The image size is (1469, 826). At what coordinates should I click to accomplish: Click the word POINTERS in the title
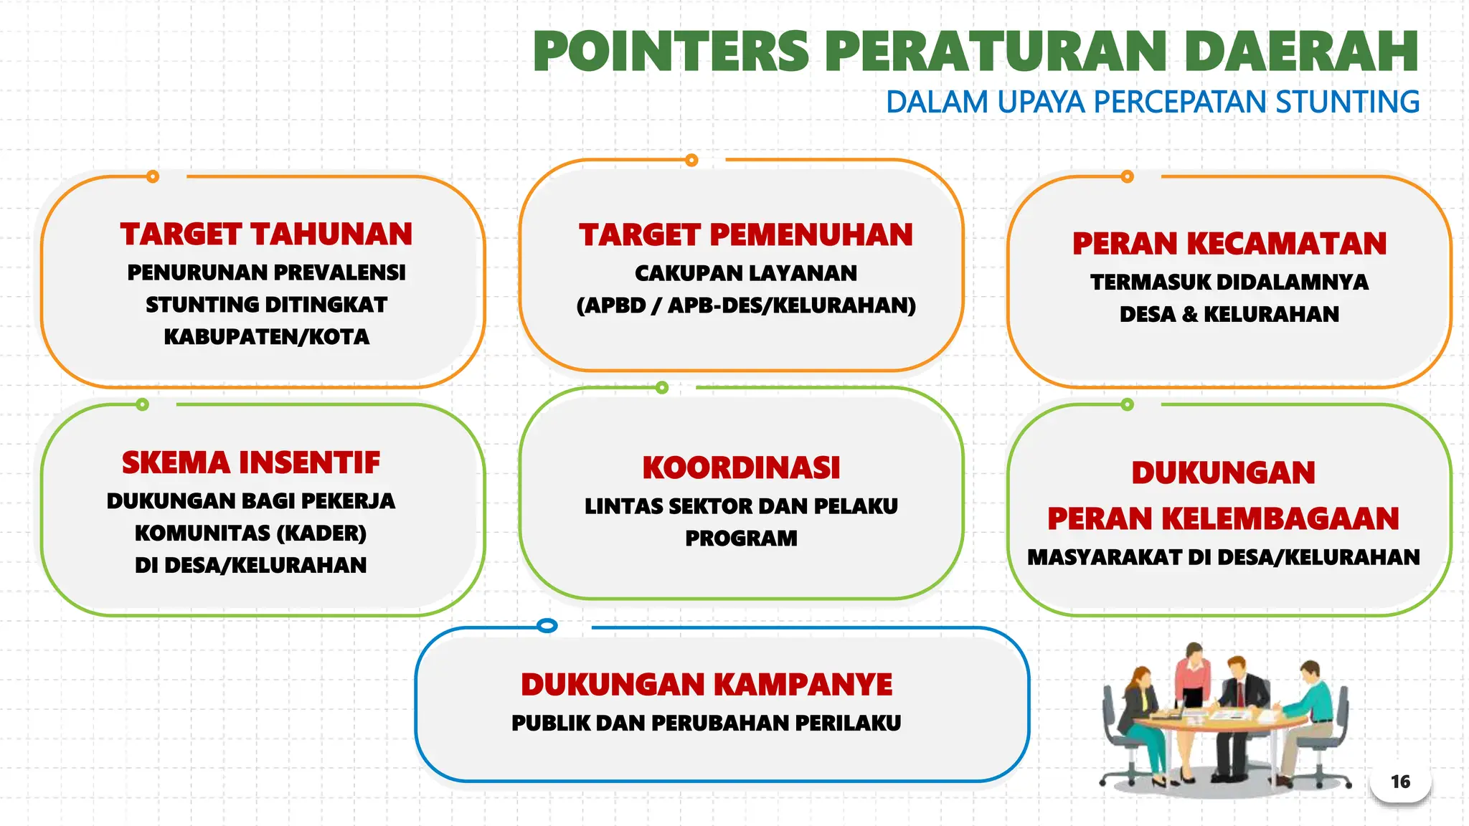pos(671,52)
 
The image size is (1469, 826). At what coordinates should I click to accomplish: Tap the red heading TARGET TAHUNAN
pos(266,234)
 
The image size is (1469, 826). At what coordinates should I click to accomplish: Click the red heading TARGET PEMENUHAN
pos(746,235)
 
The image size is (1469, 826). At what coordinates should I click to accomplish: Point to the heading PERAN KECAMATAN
pos(1229,244)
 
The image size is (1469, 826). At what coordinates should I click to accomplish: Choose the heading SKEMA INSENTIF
pos(251,463)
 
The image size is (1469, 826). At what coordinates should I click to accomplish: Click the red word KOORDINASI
pos(741,468)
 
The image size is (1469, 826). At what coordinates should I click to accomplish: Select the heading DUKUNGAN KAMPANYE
pos(707,685)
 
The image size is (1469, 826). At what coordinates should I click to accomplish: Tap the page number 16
pos(1400,782)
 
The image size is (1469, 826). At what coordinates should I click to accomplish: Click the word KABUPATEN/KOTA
pos(266,337)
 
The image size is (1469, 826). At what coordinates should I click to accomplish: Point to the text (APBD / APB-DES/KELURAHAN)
pos(746,305)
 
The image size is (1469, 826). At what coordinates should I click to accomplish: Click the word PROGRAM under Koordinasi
pos(741,538)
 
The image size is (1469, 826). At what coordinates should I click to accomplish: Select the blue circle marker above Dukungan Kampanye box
pos(547,626)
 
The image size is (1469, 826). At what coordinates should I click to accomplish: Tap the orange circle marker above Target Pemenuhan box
pos(691,160)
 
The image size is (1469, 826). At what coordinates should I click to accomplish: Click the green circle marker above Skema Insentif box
pos(143,404)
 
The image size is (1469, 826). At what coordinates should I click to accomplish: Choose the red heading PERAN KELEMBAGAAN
pos(1223,519)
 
